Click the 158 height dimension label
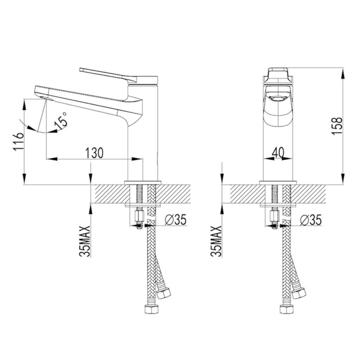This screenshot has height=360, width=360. point(336,124)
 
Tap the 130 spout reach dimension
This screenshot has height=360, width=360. point(94,153)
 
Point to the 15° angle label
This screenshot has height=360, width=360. point(60,121)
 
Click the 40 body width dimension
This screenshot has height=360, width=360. point(278,153)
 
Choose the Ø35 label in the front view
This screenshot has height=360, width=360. point(311,220)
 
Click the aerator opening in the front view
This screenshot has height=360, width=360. point(277,98)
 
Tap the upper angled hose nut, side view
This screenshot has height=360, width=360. point(163,293)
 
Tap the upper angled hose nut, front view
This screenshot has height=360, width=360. point(298,293)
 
